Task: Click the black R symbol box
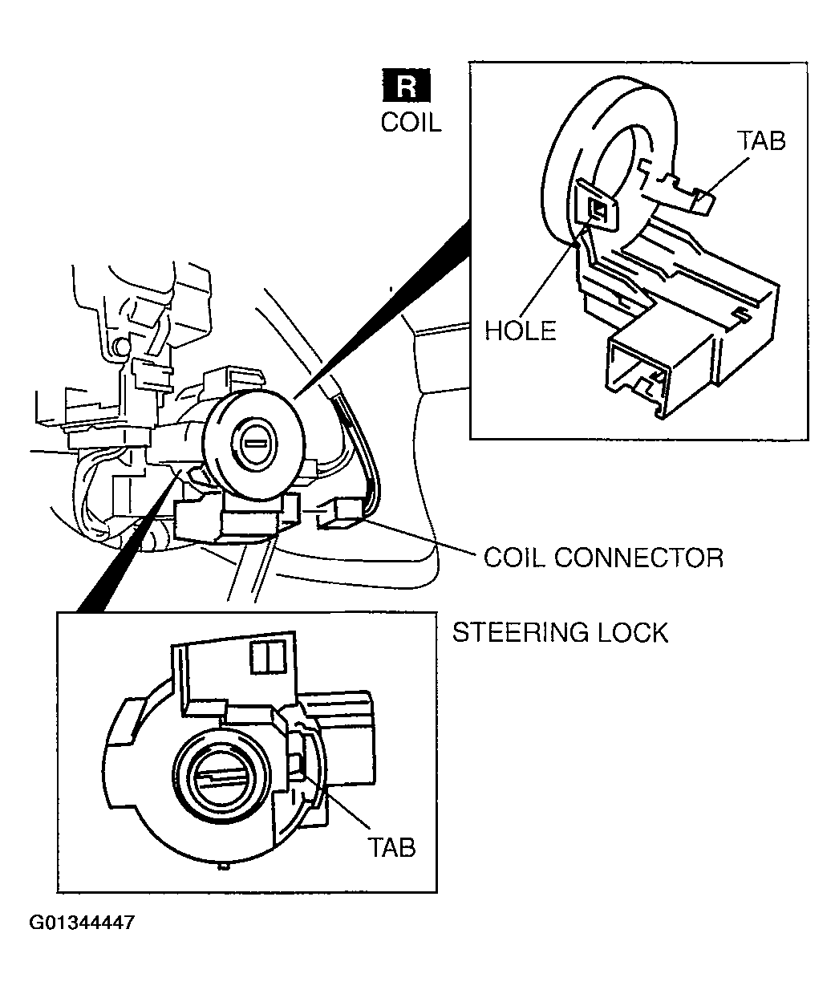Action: [x=407, y=85]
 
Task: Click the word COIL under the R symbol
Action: [x=411, y=123]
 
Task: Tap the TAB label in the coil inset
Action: [x=761, y=141]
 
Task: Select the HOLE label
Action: [x=521, y=331]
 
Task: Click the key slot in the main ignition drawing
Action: [x=255, y=444]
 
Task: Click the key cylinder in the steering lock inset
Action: [x=221, y=777]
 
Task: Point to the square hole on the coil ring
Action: [x=598, y=209]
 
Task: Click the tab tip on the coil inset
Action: [x=704, y=201]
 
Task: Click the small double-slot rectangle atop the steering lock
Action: [x=268, y=657]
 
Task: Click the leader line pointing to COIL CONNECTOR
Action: [x=416, y=538]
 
